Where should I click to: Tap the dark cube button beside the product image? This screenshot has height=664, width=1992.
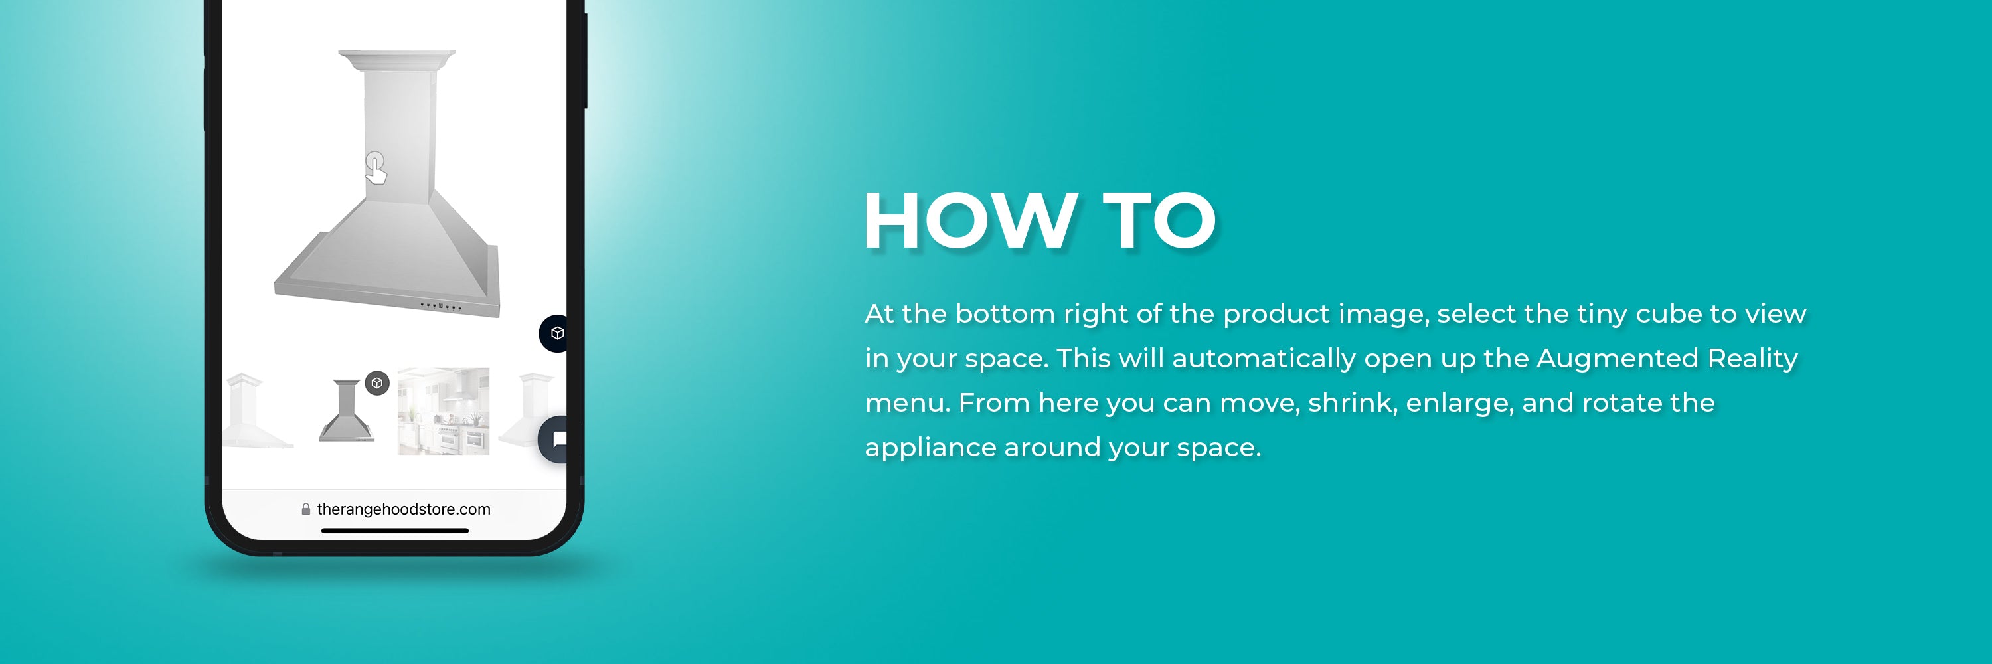(554, 333)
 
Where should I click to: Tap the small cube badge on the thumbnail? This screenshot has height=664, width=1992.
(376, 383)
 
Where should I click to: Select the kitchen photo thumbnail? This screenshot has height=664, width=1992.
(443, 411)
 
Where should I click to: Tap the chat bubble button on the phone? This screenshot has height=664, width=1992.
(554, 440)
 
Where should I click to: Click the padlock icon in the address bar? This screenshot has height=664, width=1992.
(306, 509)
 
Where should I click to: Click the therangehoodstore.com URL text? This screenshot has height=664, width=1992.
(404, 509)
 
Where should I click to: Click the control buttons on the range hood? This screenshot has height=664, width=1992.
(441, 307)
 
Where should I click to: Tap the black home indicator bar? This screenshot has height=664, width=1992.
(394, 531)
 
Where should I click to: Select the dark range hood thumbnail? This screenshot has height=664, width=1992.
(347, 410)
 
